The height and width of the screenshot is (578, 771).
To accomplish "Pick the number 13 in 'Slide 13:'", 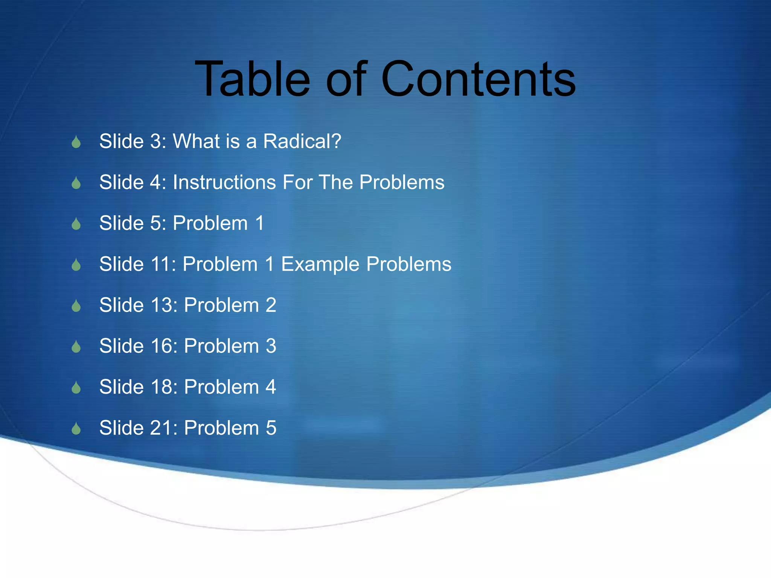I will tap(162, 305).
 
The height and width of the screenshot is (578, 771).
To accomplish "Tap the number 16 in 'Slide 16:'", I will tap(162, 346).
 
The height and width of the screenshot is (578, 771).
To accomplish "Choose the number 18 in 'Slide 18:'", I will tap(162, 387).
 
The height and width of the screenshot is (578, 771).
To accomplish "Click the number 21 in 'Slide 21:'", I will tap(162, 428).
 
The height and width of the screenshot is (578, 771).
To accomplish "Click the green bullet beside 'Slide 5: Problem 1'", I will tap(76, 224).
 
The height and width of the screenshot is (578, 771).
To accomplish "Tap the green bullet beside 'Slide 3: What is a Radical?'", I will tap(76, 143).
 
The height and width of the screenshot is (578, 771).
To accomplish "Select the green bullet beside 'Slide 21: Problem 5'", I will tap(76, 429).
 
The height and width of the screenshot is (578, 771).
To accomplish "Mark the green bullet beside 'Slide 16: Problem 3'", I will tap(76, 347).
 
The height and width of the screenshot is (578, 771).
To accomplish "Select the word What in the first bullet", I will tap(196, 141).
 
